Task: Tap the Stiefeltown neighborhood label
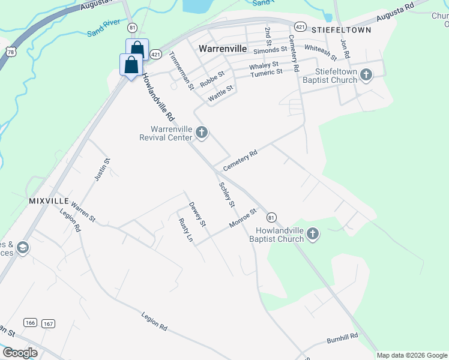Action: click(342, 29)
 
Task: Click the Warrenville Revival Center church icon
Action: click(202, 133)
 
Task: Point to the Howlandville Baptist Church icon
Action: click(312, 234)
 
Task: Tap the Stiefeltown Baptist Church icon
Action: click(366, 75)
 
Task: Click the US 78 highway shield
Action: click(10, 51)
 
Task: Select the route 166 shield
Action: click(30, 323)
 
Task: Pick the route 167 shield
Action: click(48, 323)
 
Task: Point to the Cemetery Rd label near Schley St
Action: click(240, 160)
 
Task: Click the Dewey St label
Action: click(197, 214)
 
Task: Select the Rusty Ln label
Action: click(186, 230)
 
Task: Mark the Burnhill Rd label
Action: click(342, 338)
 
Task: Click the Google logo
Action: click(20, 353)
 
